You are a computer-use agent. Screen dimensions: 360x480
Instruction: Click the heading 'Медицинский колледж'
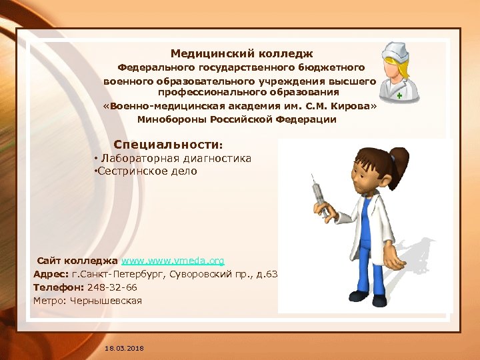pyautogui.click(x=241, y=53)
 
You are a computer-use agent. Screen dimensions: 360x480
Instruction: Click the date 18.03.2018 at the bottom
pyautogui.click(x=124, y=349)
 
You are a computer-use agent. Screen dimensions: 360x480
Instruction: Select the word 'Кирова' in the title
pyautogui.click(x=351, y=106)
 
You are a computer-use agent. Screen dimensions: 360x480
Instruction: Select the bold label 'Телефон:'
pyautogui.click(x=57, y=287)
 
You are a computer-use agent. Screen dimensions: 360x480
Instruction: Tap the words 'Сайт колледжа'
pyautogui.click(x=77, y=261)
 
